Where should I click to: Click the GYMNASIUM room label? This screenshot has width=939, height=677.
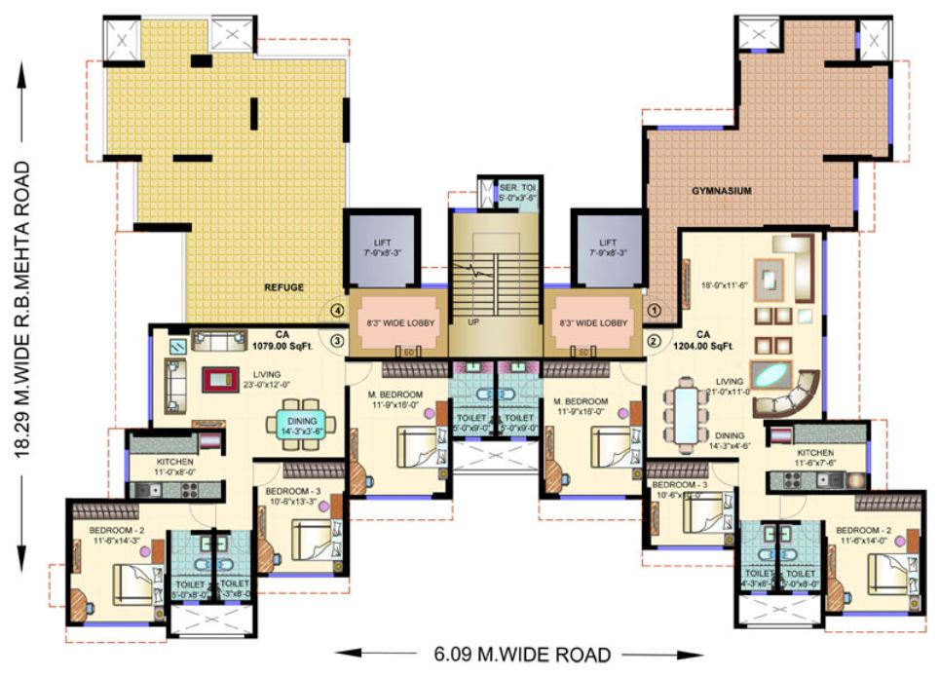pyautogui.click(x=722, y=192)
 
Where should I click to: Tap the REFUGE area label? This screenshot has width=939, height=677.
pyautogui.click(x=285, y=288)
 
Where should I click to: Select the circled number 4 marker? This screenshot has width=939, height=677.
pyautogui.click(x=337, y=311)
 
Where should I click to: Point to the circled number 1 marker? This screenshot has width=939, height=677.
pyautogui.click(x=655, y=311)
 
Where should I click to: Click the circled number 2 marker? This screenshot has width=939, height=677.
pyautogui.click(x=655, y=341)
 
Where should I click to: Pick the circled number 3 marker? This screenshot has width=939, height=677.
pyautogui.click(x=337, y=341)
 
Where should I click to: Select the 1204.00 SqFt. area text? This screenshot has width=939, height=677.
pyautogui.click(x=713, y=344)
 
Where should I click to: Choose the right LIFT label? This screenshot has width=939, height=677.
pyautogui.click(x=608, y=243)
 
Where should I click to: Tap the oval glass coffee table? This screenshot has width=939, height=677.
pyautogui.click(x=773, y=376)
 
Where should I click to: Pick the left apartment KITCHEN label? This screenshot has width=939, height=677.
pyautogui.click(x=174, y=462)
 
